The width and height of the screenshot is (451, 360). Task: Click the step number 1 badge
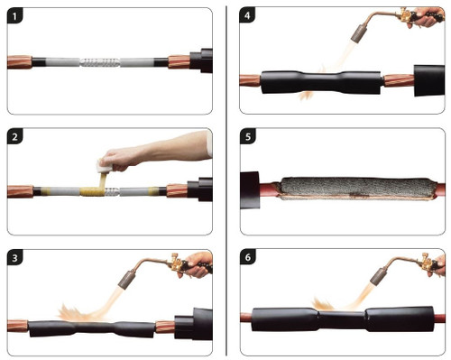click(x=15, y=15)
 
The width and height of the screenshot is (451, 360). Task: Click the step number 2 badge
click(x=15, y=137)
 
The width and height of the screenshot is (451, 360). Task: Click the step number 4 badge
click(x=247, y=15)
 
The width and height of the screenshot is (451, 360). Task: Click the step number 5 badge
click(x=247, y=137)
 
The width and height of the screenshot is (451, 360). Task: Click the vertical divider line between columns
click(x=225, y=180)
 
